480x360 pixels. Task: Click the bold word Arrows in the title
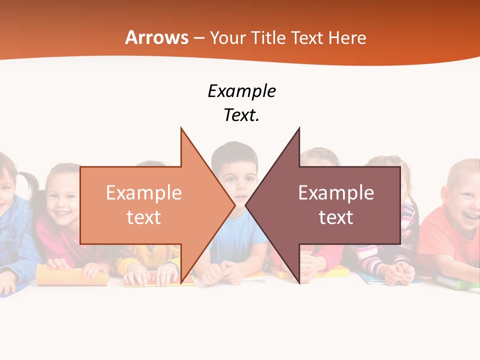[x=157, y=37]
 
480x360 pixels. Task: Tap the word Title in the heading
[x=268, y=37]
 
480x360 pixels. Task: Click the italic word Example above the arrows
[x=241, y=91]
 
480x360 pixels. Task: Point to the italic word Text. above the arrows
[x=241, y=115]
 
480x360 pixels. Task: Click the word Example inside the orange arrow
[x=144, y=193]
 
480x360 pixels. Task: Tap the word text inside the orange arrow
[x=144, y=217]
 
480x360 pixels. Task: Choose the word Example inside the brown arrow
[x=336, y=193]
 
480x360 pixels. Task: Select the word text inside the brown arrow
[x=336, y=217]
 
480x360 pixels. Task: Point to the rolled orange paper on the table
[x=70, y=275]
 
